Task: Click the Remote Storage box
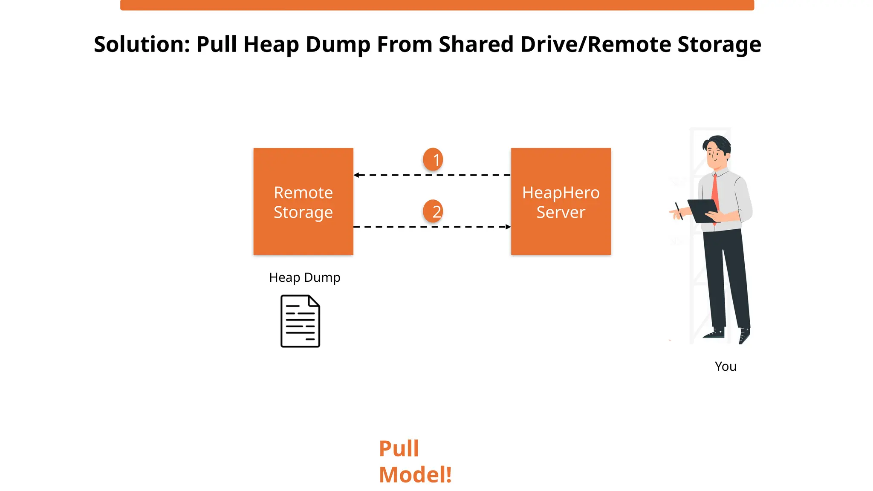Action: (x=303, y=201)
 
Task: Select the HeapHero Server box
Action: (x=561, y=201)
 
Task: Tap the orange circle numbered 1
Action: (x=433, y=159)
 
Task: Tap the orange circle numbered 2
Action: (x=433, y=211)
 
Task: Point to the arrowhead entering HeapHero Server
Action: (x=508, y=227)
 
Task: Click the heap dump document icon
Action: (x=300, y=321)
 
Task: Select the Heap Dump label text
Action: (x=304, y=277)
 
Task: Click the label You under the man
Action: (x=726, y=367)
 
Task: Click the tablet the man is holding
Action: (x=703, y=210)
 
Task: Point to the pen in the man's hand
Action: (x=679, y=211)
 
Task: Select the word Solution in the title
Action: (x=142, y=44)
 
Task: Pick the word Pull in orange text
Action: (x=399, y=448)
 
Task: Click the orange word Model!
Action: (x=415, y=475)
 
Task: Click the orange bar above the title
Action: (x=437, y=5)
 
